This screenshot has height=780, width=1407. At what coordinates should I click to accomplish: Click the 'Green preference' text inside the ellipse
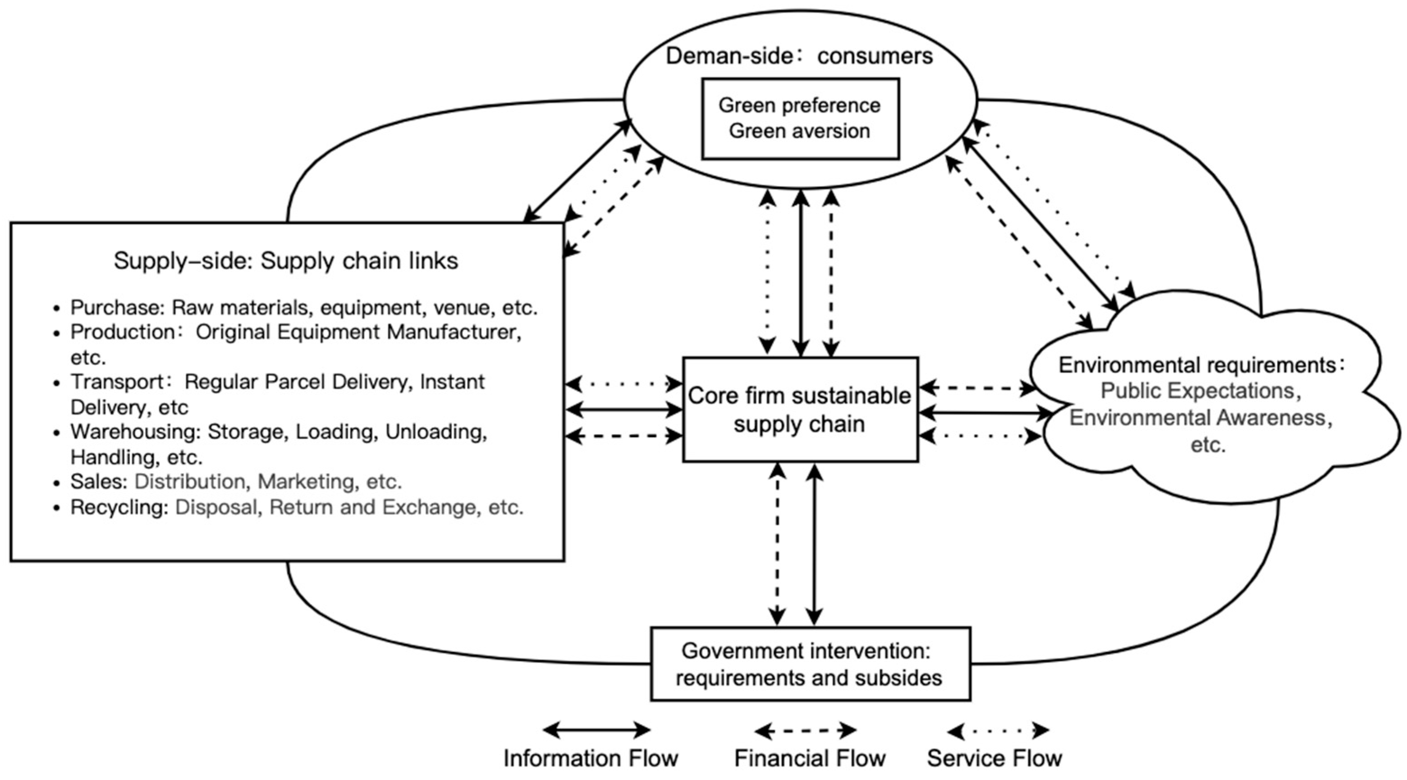[x=799, y=105]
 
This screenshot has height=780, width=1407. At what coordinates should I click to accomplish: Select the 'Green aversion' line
[x=799, y=131]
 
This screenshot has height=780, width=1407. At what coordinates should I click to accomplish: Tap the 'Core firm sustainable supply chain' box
[x=800, y=410]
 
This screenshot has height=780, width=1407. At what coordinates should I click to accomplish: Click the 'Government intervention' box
[x=810, y=664]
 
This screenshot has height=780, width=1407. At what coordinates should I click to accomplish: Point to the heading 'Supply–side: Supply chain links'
[x=286, y=261]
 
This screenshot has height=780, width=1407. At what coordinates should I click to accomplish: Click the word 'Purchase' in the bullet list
[x=116, y=308]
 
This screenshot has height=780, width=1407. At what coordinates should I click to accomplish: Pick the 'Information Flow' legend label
[x=591, y=758]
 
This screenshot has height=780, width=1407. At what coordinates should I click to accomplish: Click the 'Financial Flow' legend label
[x=810, y=758]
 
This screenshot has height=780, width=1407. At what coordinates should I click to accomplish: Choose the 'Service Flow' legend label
[x=994, y=758]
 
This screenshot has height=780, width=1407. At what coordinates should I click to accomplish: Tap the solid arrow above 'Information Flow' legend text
[x=596, y=730]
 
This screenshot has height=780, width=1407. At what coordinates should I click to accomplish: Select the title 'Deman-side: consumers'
[x=799, y=56]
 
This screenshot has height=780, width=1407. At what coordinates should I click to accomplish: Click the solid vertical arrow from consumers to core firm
[x=801, y=273]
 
